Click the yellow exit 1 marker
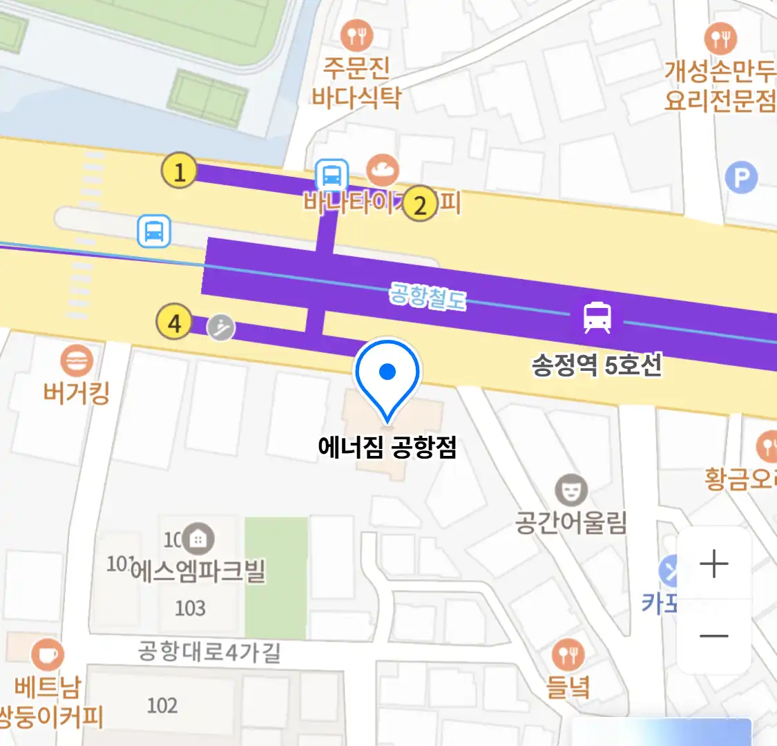179,171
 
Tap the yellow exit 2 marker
420,204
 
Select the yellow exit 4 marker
174,323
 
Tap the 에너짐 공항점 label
387,448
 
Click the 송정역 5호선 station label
597,365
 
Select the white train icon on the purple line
597,317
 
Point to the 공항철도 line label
428,296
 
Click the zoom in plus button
713,564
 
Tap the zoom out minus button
713,636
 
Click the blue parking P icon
741,178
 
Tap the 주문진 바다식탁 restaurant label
356,82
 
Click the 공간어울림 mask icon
570,491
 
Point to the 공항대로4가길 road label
209,651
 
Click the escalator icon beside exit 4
221,327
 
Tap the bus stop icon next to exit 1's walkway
332,175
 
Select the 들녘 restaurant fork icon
568,655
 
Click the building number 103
190,608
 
